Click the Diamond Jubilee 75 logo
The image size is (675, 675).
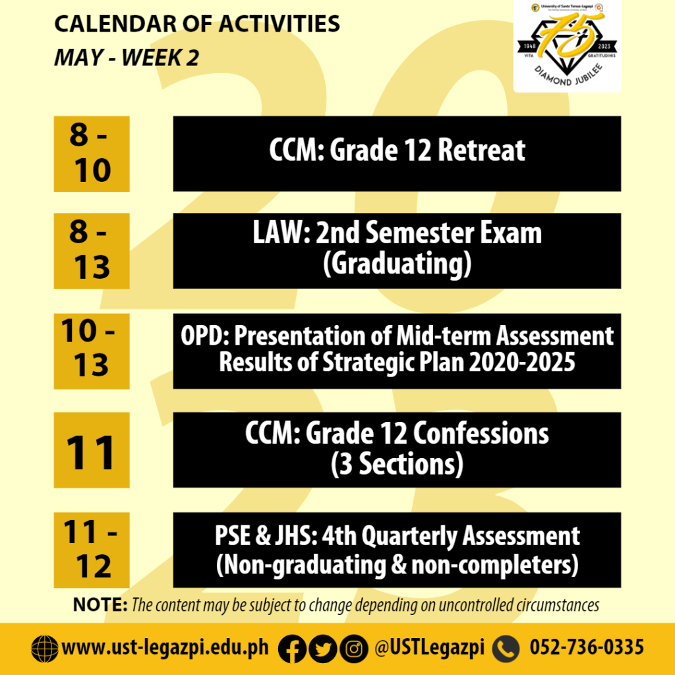pyautogui.click(x=567, y=45)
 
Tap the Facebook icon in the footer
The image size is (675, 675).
pyautogui.click(x=292, y=649)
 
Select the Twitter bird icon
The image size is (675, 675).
pyautogui.click(x=323, y=649)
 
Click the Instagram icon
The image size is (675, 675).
pyautogui.click(x=354, y=649)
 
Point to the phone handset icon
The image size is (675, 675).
pyautogui.click(x=506, y=649)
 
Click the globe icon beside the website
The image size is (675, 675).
pyautogui.click(x=45, y=649)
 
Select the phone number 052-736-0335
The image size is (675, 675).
pyautogui.click(x=587, y=647)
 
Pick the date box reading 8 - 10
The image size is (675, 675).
pyautogui.click(x=92, y=154)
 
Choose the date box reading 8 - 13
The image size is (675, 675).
pyautogui.click(x=92, y=251)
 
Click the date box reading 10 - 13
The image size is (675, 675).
pyautogui.click(x=92, y=351)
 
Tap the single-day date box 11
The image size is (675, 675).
pyautogui.click(x=92, y=450)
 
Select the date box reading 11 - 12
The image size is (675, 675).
pyautogui.click(x=92, y=550)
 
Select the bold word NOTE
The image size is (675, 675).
pyautogui.click(x=100, y=605)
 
